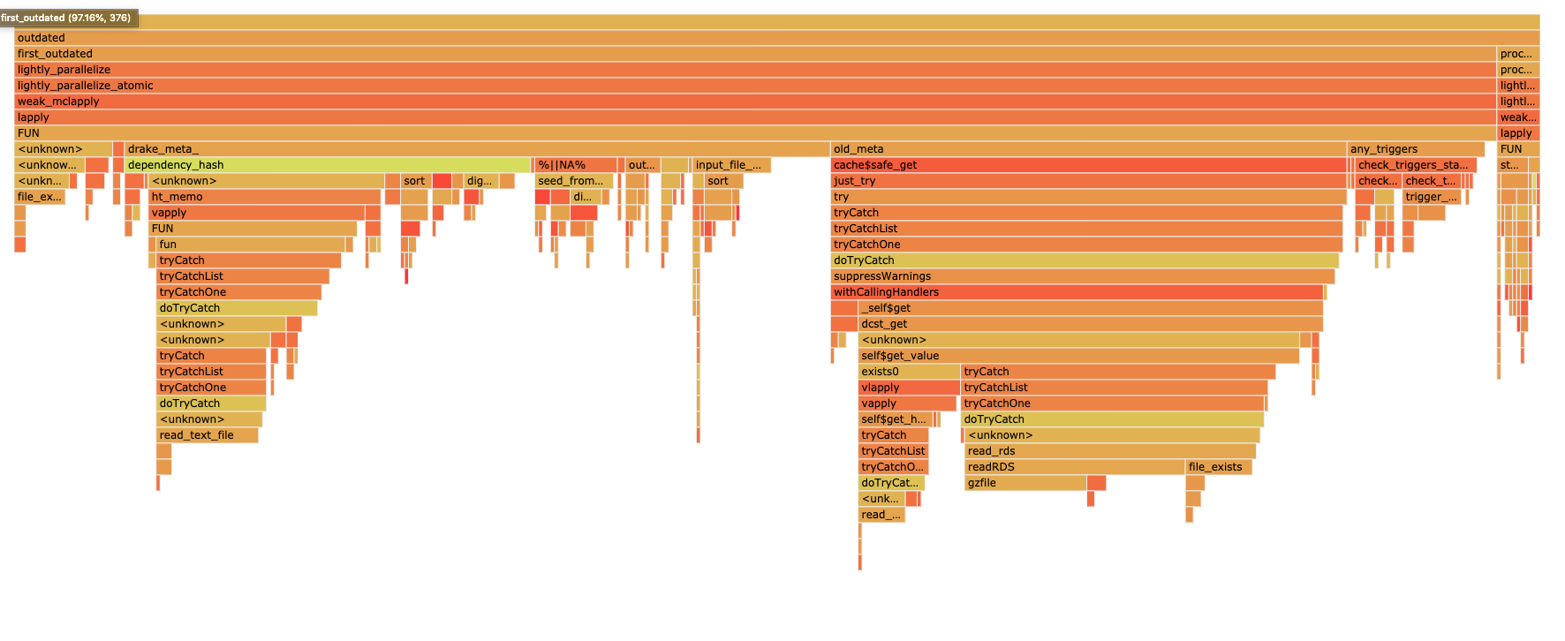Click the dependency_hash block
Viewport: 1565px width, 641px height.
[327, 165]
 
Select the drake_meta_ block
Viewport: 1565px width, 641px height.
[477, 149]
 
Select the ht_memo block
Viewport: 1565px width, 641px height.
[264, 197]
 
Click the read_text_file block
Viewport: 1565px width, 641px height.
[207, 435]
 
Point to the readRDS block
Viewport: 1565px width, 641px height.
[1073, 467]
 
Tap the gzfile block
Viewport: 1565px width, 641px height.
[1024, 483]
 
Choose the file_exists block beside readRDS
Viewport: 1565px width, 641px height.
[1218, 467]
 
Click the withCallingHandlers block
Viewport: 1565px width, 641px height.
[1077, 292]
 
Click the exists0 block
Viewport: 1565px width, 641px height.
[908, 372]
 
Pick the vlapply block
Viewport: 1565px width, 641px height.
[908, 388]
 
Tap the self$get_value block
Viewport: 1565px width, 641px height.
[1077, 356]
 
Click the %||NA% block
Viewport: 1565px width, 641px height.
[575, 165]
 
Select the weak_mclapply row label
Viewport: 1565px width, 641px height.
[58, 102]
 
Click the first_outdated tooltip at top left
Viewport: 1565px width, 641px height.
[67, 18]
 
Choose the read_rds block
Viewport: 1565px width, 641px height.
[1109, 451]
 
